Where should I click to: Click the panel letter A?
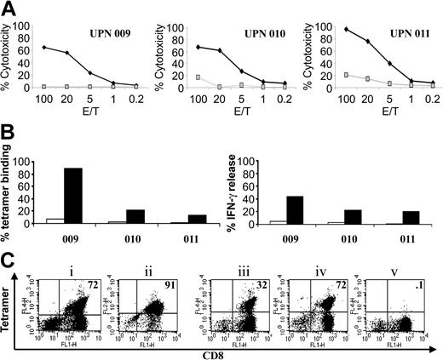pyautogui.click(x=9, y=9)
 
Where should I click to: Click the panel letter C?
pyautogui.click(x=9, y=253)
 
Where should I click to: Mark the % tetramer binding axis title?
pyautogui.click(x=10, y=191)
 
